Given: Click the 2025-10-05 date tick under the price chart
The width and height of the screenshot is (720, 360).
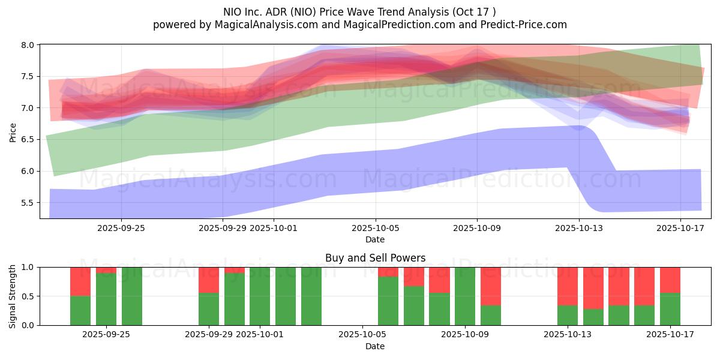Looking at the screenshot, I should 376,228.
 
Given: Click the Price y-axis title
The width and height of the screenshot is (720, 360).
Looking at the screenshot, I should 13,131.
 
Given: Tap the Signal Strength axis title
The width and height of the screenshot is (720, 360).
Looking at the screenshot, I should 13,296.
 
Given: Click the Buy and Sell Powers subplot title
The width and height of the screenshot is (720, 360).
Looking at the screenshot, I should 375,258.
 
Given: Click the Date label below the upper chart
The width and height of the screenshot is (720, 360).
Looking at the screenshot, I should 375,239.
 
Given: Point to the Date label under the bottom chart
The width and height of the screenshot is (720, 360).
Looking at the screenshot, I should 375,346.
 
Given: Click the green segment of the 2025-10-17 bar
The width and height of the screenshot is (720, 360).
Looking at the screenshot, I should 670,309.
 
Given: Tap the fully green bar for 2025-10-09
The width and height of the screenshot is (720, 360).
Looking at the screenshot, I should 465,296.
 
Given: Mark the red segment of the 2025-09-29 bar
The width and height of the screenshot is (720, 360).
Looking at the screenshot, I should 209,280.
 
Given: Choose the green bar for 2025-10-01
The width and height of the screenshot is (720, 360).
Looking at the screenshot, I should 260,296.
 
